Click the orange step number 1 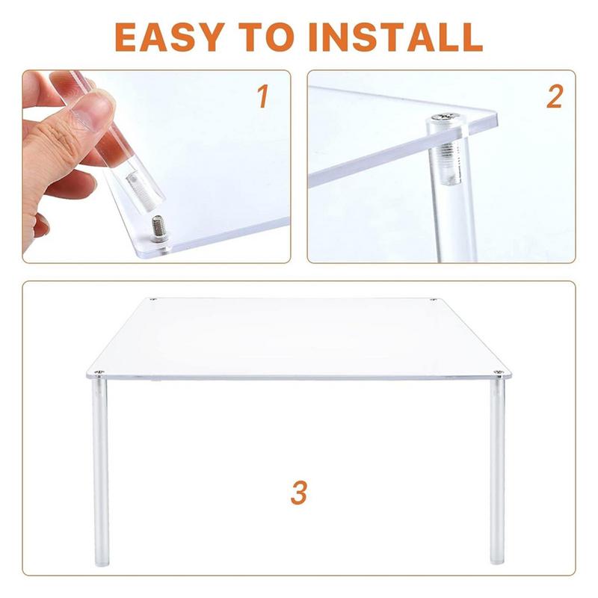[x=262, y=96]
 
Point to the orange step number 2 [x=554, y=96]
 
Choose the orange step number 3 [x=299, y=493]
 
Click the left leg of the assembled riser [x=101, y=471]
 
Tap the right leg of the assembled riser [x=497, y=471]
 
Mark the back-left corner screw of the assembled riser [x=152, y=300]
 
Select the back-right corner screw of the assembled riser [x=433, y=300]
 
